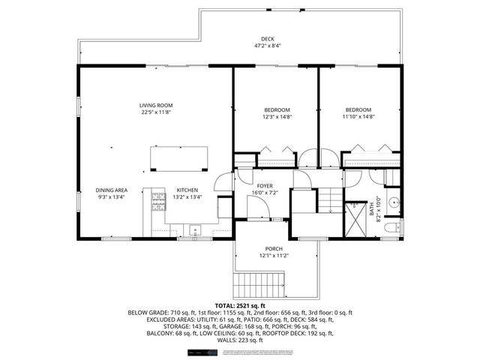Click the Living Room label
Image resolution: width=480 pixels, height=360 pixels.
click(x=156, y=105)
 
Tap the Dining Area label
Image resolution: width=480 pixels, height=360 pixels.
click(x=110, y=190)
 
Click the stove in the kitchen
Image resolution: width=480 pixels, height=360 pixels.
click(x=158, y=200)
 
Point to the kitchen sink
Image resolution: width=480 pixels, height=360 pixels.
click(x=194, y=229)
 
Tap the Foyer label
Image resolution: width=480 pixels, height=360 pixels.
click(x=265, y=185)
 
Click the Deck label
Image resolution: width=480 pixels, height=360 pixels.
click(x=268, y=39)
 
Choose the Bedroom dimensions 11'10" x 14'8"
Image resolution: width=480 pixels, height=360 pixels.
click(x=358, y=117)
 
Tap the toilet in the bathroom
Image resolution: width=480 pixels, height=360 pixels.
click(x=393, y=226)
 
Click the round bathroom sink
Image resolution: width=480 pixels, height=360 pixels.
click(x=394, y=201)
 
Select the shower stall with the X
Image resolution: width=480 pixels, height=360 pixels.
click(x=353, y=214)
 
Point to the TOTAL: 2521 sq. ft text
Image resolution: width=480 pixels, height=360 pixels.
click(x=240, y=306)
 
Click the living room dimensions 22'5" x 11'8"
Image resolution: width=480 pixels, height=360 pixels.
click(x=156, y=112)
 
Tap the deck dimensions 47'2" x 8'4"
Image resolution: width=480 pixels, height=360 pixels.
click(x=268, y=46)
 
